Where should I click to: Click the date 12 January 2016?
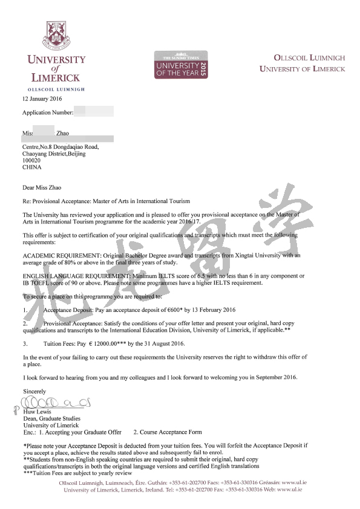click(45, 98)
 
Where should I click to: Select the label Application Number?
click(47, 112)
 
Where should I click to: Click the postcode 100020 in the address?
click(31, 161)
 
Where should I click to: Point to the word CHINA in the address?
click(31, 168)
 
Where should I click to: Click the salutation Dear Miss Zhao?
click(42, 187)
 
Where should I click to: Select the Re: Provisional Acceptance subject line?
click(106, 201)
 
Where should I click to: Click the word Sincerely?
click(34, 392)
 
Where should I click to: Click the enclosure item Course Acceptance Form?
click(168, 432)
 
